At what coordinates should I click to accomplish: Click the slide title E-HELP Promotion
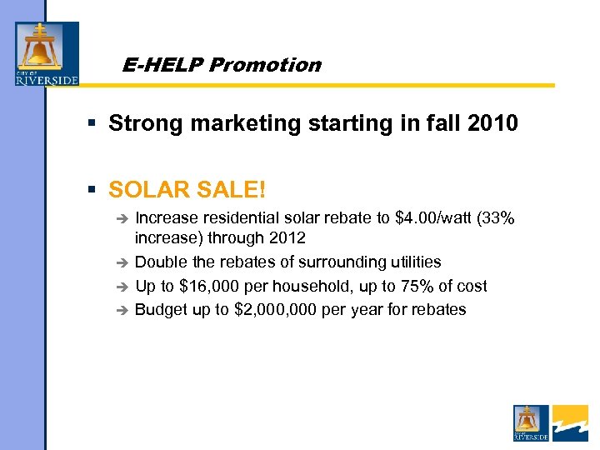[221, 65]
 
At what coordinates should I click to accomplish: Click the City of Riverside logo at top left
[47, 53]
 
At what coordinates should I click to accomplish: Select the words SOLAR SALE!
[187, 189]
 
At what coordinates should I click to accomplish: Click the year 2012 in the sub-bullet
[287, 238]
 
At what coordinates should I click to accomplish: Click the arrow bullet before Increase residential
[121, 219]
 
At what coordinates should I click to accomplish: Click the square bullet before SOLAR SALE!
[93, 190]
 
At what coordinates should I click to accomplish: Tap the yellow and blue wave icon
[570, 422]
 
